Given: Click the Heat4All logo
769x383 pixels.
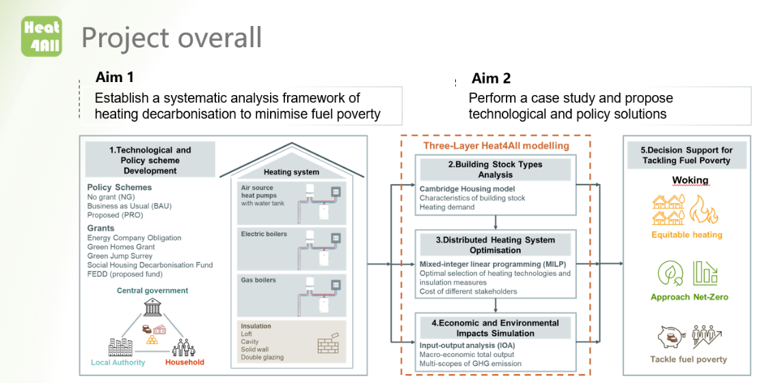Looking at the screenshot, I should pyautogui.click(x=42, y=36).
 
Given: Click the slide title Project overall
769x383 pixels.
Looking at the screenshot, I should pyautogui.click(x=172, y=38).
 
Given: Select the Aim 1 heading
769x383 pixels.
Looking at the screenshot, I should pyautogui.click(x=115, y=77).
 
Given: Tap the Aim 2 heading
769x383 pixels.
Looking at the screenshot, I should pyautogui.click(x=491, y=78).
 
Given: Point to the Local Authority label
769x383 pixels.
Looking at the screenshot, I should pyautogui.click(x=118, y=362).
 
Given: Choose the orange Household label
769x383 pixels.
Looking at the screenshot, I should pyautogui.click(x=185, y=362).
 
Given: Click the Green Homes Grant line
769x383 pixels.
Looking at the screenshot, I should pyautogui.click(x=121, y=247).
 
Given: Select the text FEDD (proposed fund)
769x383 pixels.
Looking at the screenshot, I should pyautogui.click(x=125, y=274).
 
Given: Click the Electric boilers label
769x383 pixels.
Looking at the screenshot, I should pyautogui.click(x=263, y=234).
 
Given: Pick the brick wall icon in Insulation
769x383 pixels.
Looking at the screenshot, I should pyautogui.click(x=328, y=345).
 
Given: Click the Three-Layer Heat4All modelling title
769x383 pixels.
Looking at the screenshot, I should pyautogui.click(x=496, y=146).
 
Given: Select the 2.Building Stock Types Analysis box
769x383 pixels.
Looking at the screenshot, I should pyautogui.click(x=496, y=169).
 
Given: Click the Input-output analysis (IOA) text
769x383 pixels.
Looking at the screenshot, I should pyautogui.click(x=467, y=345).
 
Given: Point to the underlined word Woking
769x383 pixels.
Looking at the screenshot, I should pyautogui.click(x=690, y=181).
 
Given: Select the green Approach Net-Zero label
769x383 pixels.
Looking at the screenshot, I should pyautogui.click(x=689, y=298).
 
